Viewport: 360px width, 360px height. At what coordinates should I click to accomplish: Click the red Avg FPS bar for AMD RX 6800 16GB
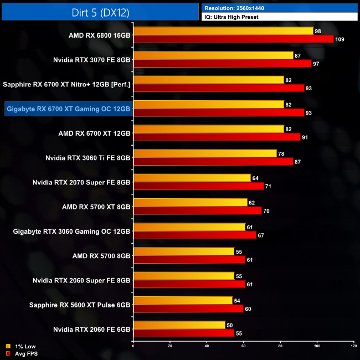[x=233, y=39]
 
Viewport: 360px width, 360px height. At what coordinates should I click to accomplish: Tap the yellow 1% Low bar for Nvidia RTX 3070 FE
[x=213, y=55]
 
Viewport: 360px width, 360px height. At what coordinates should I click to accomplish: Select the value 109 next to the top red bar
[x=340, y=39]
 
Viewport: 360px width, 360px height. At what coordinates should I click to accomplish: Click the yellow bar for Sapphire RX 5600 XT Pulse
[x=183, y=300]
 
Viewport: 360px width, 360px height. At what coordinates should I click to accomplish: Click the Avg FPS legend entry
[x=23, y=353]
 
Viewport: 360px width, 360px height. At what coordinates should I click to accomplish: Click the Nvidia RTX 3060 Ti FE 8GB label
[x=88, y=157]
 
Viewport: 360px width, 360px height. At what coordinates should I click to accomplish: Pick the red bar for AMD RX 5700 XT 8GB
[x=197, y=210]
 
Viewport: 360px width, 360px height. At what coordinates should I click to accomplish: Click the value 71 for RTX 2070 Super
[x=269, y=186]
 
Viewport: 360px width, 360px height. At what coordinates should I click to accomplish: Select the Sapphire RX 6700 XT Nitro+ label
[x=66, y=84]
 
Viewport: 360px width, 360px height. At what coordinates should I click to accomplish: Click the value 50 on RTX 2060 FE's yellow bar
[x=230, y=325]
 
